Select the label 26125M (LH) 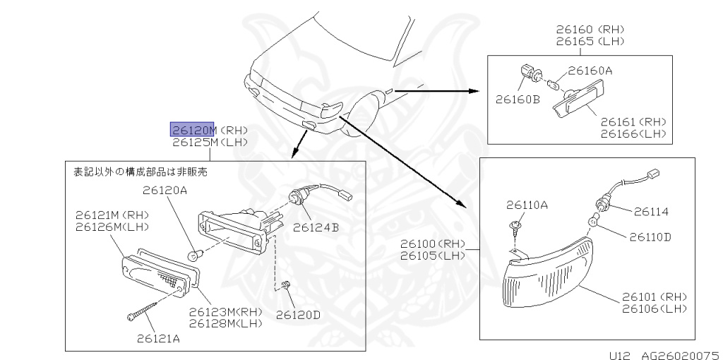(210, 142)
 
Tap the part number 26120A (165, 190)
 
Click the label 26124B (316, 227)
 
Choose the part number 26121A (158, 338)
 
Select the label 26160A (590, 71)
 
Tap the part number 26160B (517, 100)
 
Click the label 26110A (527, 205)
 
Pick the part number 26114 (651, 211)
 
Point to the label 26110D (650, 236)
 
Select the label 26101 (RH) (654, 296)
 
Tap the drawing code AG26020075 (680, 354)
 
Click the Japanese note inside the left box (141, 171)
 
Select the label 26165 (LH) (590, 42)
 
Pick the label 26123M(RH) (225, 311)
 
